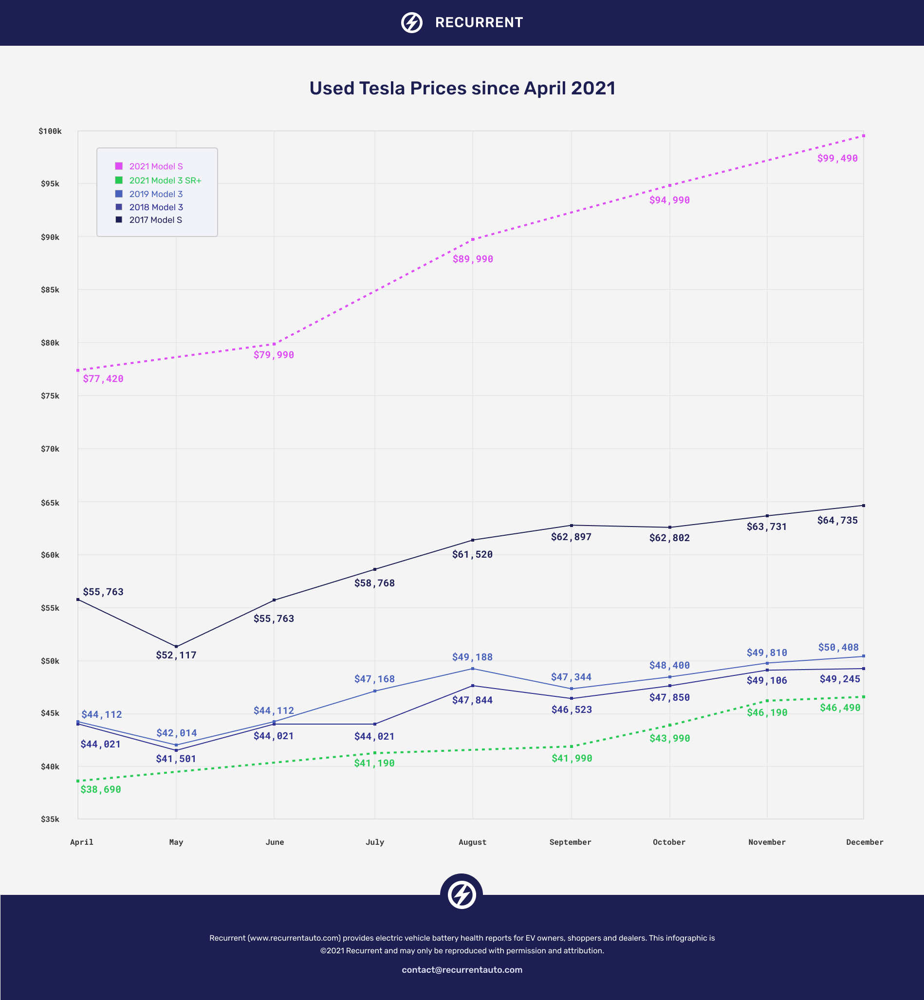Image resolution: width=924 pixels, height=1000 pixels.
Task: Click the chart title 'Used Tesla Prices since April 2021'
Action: (462, 89)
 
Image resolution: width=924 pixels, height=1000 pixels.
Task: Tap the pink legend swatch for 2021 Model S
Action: (119, 166)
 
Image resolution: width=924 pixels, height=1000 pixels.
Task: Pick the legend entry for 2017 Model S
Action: (155, 220)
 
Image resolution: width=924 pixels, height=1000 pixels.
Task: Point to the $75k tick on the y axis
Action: (50, 396)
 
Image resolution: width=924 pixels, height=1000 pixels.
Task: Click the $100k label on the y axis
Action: (50, 131)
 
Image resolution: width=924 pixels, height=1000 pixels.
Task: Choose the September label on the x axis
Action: (570, 842)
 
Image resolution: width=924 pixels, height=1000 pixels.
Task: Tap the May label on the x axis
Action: (176, 842)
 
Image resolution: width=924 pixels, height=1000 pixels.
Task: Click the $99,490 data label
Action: (837, 159)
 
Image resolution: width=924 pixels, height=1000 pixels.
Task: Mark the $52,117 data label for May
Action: (176, 655)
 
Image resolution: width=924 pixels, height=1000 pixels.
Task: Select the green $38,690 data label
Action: (100, 790)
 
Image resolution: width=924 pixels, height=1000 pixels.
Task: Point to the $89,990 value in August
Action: (473, 259)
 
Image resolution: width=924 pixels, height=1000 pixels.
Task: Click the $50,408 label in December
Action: (838, 647)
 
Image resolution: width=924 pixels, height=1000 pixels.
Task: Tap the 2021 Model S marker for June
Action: (274, 344)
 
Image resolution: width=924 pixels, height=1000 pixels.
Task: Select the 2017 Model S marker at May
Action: (176, 646)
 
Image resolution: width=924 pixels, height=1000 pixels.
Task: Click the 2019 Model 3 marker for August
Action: (473, 669)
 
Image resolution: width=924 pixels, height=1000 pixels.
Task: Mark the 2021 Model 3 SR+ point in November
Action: (767, 701)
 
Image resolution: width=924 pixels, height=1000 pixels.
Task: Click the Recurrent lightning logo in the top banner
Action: (411, 22)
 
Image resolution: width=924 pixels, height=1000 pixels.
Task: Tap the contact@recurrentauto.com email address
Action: (462, 969)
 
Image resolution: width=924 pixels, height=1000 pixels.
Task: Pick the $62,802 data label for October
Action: (669, 538)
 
